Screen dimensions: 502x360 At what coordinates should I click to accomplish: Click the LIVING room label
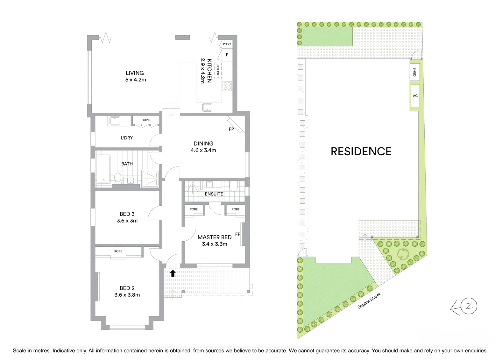point(134,73)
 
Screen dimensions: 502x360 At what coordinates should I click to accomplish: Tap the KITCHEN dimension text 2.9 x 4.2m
point(202,71)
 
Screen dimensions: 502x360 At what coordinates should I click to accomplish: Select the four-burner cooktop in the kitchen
point(227,86)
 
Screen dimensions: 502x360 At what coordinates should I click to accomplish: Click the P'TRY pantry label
point(227,44)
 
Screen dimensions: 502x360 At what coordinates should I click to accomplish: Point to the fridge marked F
point(227,55)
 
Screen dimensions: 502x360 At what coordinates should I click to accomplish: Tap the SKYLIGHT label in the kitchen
point(217,71)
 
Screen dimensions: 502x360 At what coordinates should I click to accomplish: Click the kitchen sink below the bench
point(207,107)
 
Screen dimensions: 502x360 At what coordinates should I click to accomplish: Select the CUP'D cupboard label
point(146,120)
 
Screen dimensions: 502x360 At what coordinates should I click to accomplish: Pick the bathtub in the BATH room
point(103,169)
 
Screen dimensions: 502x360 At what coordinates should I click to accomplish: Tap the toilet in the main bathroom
point(117,178)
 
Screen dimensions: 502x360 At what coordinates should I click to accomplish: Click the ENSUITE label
point(214,194)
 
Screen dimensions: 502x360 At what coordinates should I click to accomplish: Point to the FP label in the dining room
point(231,129)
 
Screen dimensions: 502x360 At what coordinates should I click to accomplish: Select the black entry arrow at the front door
point(173,273)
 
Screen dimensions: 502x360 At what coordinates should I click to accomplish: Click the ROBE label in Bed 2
point(118,251)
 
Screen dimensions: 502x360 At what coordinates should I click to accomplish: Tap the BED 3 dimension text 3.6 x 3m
point(127,221)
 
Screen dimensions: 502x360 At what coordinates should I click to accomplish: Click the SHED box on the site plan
point(415,72)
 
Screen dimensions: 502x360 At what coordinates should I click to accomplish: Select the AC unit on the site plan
point(415,96)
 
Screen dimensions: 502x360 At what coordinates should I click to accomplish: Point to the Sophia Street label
point(369,300)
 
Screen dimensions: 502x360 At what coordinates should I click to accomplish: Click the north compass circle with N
point(469,306)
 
